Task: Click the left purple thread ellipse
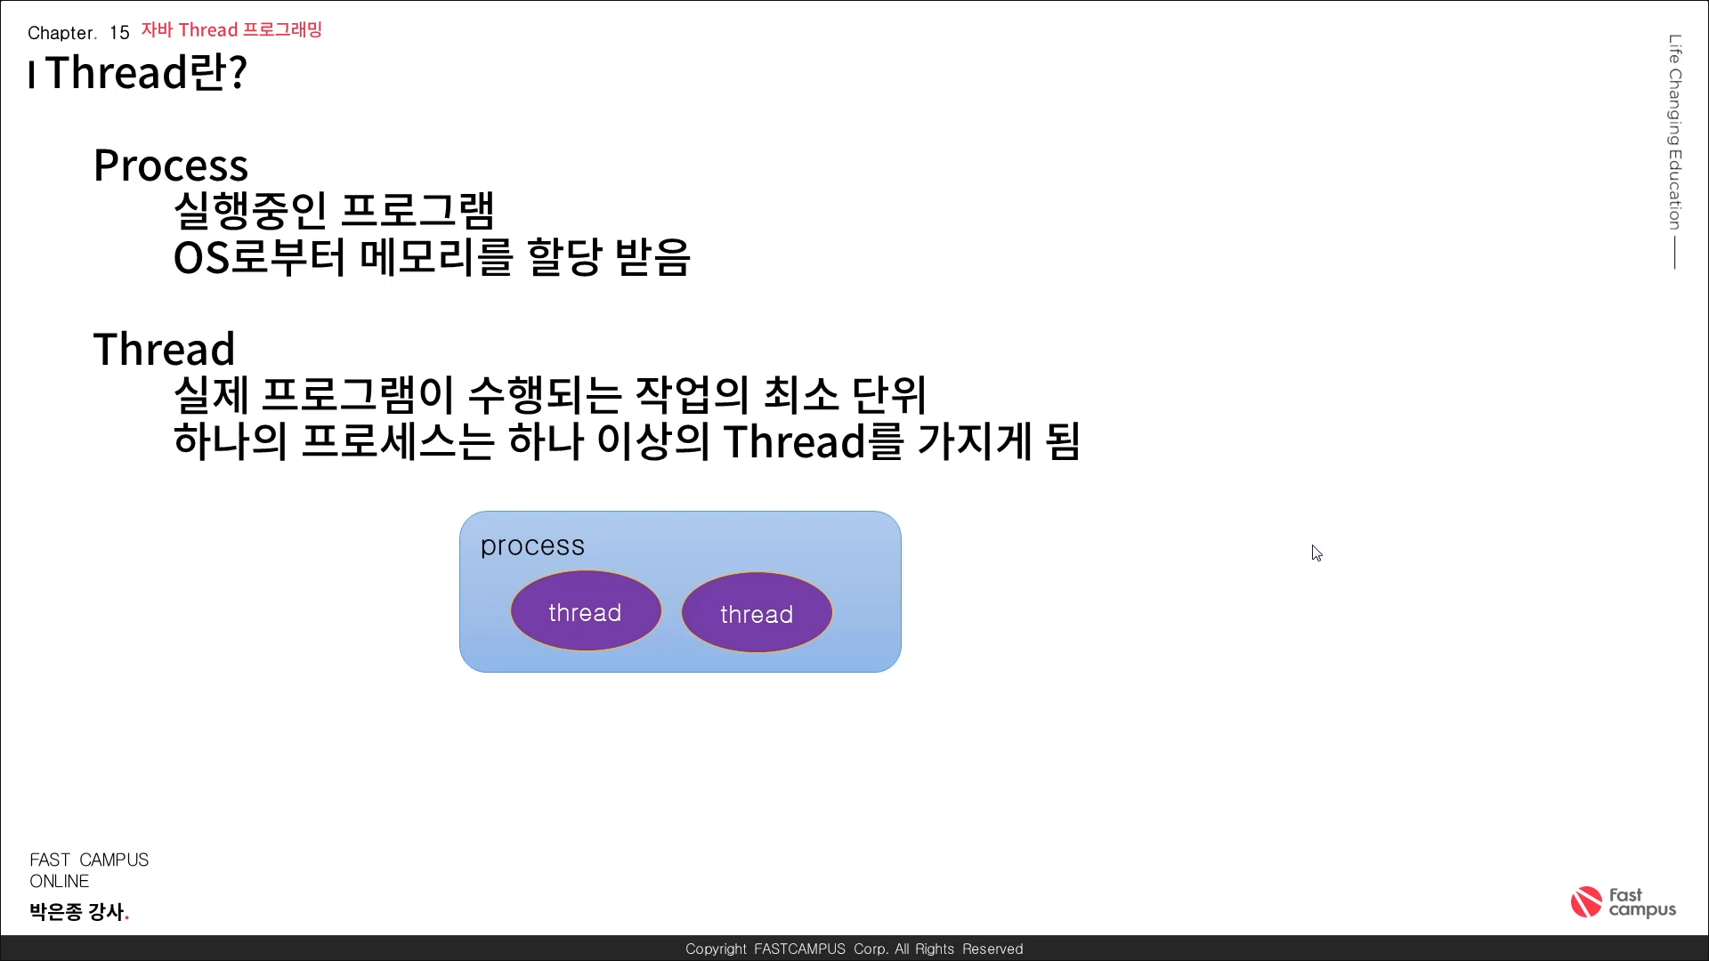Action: pos(586,610)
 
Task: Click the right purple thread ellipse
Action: pos(757,612)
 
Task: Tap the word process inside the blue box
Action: pos(532,546)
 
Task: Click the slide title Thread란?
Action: pos(146,72)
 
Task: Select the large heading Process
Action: pos(171,166)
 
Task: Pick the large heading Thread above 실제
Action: pos(165,349)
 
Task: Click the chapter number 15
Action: pos(119,33)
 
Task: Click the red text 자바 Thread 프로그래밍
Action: pos(231,30)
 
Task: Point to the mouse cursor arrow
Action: pos(1316,553)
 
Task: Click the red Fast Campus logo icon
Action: pos(1586,901)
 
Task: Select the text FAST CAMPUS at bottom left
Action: pos(89,860)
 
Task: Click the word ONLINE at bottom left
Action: pos(60,881)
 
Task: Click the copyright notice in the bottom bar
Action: pos(854,949)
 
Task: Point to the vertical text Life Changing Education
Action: pos(1675,132)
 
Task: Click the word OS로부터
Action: pos(259,257)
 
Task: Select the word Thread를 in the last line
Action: pos(814,441)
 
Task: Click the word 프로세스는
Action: pos(398,441)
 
